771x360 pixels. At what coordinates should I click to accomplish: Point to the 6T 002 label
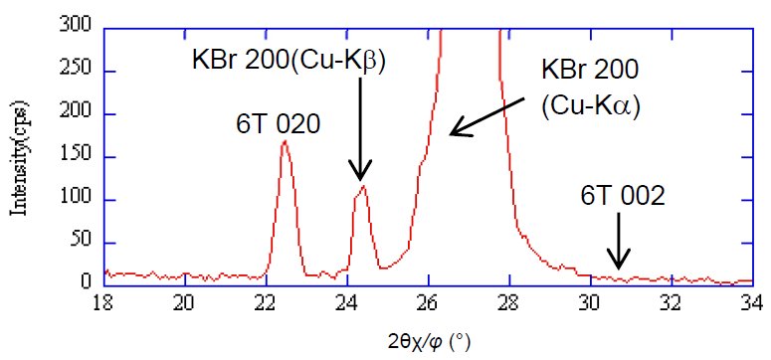click(622, 197)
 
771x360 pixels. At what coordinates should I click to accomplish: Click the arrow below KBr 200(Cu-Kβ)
click(360, 129)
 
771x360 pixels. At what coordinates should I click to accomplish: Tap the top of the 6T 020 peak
click(285, 141)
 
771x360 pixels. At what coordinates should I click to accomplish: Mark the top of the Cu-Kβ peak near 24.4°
click(364, 186)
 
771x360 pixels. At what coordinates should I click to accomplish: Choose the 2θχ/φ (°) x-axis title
click(429, 341)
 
